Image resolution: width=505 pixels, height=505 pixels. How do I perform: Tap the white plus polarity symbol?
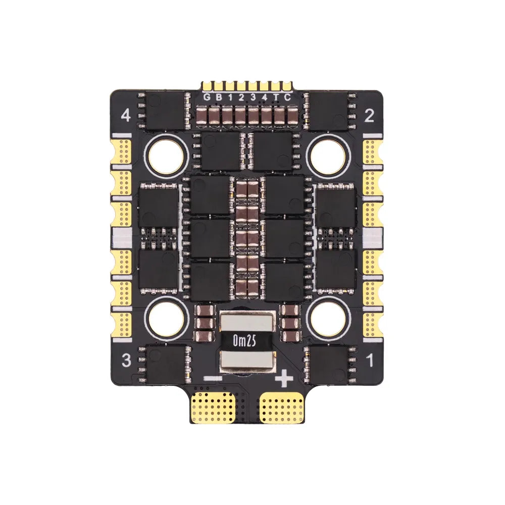[284, 378]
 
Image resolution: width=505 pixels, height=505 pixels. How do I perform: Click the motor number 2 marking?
[369, 117]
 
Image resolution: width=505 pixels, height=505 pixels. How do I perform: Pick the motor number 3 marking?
[127, 361]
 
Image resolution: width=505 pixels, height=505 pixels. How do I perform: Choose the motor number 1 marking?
[369, 361]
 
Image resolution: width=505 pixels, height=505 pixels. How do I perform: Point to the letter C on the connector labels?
[287, 97]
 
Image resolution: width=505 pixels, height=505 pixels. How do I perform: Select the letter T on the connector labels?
[276, 97]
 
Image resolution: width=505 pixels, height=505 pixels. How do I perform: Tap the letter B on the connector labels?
[218, 97]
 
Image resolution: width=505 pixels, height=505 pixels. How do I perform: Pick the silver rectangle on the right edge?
[373, 236]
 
